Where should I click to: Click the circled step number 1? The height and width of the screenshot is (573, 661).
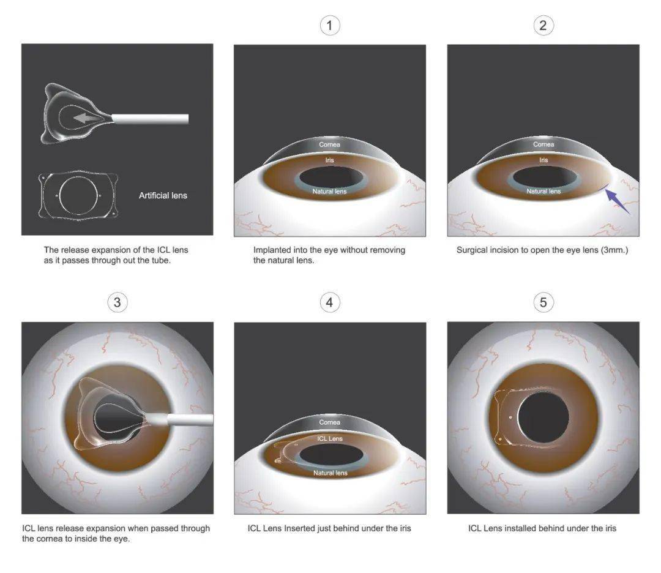[x=330, y=25]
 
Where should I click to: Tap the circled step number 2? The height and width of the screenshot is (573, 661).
[x=543, y=25]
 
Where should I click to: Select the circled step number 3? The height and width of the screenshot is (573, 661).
[x=117, y=302]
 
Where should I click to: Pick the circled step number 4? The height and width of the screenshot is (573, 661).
[x=330, y=302]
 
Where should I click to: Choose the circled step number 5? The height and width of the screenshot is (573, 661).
[x=543, y=302]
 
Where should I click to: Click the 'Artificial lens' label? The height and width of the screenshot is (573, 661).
[x=163, y=196]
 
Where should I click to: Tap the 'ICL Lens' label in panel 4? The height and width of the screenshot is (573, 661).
[x=330, y=438]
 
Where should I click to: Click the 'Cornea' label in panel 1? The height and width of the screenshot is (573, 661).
[x=330, y=144]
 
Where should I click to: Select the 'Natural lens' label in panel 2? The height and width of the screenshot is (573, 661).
[x=543, y=192]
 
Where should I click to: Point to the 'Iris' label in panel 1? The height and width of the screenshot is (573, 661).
[x=330, y=160]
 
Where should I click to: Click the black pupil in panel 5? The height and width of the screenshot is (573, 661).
[x=543, y=417]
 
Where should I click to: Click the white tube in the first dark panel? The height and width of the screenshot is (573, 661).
[x=151, y=119]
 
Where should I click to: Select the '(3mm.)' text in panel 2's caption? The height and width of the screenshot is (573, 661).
[x=614, y=250]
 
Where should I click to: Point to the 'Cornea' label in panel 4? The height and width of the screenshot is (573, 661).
[x=330, y=422]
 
